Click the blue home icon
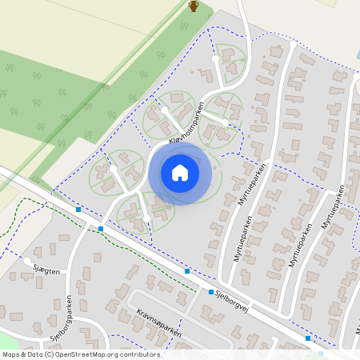[179, 173]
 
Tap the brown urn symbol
[193, 6]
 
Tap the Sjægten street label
[47, 273]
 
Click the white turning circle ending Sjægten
[28, 261]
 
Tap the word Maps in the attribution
[12, 354]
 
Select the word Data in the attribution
[35, 354]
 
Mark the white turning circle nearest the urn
[215, 58]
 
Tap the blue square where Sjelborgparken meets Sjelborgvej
[101, 229]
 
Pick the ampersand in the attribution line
[24, 354]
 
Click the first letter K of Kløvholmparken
[170, 144]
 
